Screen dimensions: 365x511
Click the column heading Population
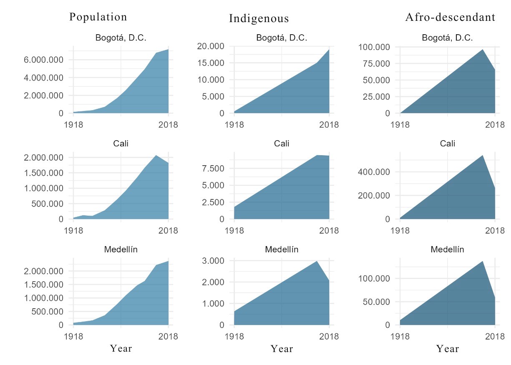(98, 17)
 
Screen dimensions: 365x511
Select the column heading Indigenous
(259, 19)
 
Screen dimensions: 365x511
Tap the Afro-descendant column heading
(451, 17)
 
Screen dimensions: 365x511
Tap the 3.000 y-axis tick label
(214, 261)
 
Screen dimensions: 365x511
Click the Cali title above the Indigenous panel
(282, 143)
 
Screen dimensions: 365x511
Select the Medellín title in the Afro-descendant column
(447, 250)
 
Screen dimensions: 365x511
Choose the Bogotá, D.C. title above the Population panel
(121, 38)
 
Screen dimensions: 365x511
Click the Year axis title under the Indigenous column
(282, 349)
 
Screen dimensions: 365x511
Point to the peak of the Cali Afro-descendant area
(483, 155)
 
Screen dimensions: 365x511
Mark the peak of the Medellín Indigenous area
(317, 261)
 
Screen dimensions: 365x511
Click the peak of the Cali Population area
(156, 155)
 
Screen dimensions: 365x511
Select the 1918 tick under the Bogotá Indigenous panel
(234, 124)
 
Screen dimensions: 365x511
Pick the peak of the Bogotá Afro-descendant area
(483, 49)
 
